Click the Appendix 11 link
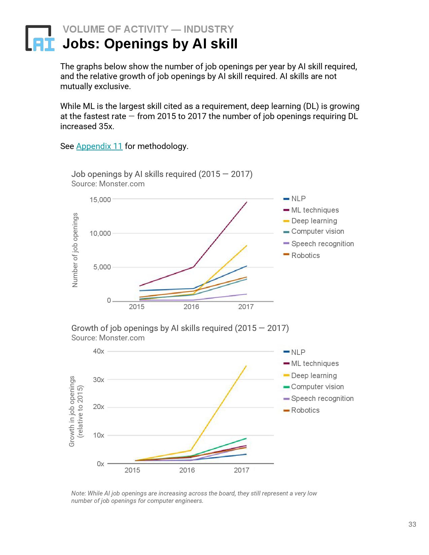click(x=99, y=146)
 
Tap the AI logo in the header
click(x=40, y=38)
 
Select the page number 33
click(x=412, y=524)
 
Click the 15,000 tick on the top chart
click(x=100, y=200)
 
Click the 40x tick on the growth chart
click(x=99, y=351)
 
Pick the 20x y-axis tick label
click(x=99, y=407)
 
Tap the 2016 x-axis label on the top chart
click(x=191, y=307)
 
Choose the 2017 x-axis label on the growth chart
click(x=242, y=470)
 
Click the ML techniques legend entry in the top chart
click(x=315, y=210)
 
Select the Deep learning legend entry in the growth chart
click(x=314, y=375)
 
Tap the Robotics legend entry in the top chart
click(x=305, y=256)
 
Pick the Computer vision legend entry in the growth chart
click(x=317, y=387)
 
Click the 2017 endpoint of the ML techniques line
click(x=247, y=202)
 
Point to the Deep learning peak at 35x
click(x=246, y=366)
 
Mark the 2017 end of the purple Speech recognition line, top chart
click(x=247, y=294)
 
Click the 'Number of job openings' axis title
click(x=75, y=250)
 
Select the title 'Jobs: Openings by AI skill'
click(x=150, y=44)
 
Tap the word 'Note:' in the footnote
click(x=78, y=493)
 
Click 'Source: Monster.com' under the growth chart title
click(x=108, y=338)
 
